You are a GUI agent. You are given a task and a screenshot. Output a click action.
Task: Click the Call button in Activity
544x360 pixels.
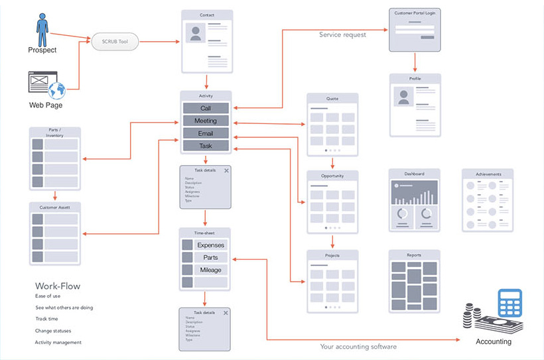click(206, 108)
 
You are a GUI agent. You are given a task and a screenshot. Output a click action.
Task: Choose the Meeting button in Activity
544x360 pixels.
click(206, 121)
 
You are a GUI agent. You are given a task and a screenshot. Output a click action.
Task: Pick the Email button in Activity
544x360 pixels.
click(206, 133)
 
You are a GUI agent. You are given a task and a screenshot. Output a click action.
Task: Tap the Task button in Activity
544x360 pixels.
click(206, 145)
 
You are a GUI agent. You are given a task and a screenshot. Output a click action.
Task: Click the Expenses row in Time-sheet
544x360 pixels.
click(210, 245)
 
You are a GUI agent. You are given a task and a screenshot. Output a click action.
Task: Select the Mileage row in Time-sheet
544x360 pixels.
click(210, 270)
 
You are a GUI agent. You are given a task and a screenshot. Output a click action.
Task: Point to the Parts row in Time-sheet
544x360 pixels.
click(210, 257)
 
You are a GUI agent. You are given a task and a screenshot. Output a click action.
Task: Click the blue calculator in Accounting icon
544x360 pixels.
click(510, 304)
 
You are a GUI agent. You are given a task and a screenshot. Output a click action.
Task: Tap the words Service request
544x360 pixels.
click(342, 34)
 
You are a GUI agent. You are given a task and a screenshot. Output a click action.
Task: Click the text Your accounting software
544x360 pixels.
click(358, 346)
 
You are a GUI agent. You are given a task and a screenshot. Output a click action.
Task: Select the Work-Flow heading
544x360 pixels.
click(58, 286)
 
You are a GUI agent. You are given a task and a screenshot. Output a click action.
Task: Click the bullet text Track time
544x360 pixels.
click(46, 319)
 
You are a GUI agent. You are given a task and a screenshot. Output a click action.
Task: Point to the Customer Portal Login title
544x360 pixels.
click(415, 13)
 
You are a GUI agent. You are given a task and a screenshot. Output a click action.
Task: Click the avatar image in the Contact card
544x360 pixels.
click(195, 32)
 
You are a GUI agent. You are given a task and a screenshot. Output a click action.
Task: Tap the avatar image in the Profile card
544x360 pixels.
click(403, 97)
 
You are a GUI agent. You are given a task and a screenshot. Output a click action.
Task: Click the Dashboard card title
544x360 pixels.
click(414, 174)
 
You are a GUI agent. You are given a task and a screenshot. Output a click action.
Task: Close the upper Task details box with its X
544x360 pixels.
click(227, 170)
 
